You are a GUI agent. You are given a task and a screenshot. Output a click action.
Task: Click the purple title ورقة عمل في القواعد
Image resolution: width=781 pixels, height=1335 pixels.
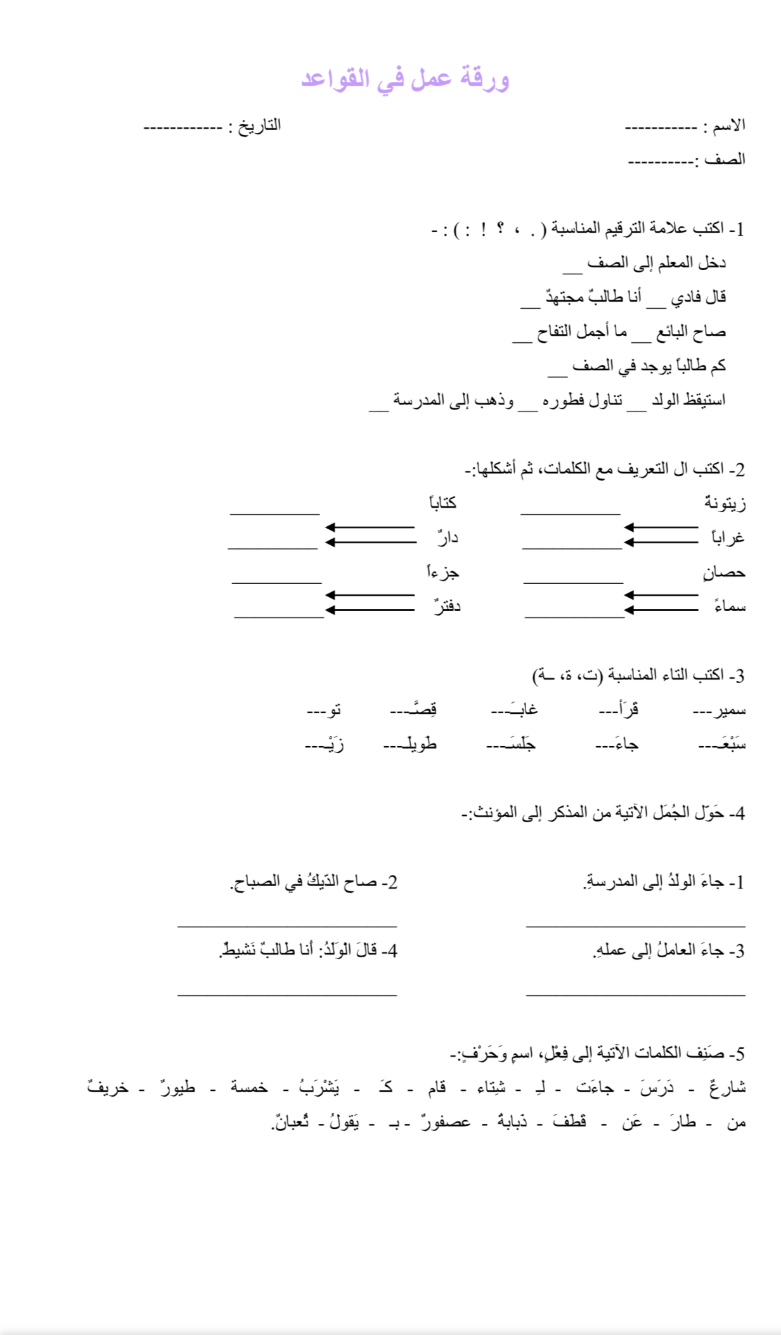405,79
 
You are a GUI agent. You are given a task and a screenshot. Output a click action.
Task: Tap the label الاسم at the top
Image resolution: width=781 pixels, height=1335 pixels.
730,126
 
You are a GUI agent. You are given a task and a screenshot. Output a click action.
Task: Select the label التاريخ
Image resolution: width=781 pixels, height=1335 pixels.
259,126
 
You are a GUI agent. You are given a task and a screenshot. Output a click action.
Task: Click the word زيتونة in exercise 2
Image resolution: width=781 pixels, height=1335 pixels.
725,503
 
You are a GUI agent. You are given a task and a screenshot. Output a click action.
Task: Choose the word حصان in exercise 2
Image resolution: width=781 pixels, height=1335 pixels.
724,572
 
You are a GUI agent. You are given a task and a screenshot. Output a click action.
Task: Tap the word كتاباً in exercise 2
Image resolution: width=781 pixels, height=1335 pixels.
442,503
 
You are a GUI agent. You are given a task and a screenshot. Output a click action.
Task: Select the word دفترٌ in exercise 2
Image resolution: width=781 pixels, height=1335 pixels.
447,607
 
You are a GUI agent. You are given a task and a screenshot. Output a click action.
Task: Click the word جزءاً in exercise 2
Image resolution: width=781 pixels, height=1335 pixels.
442,572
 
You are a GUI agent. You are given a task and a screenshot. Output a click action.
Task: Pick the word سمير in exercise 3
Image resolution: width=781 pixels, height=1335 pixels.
730,710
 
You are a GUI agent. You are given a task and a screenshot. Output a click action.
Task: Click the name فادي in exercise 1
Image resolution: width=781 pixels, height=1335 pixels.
685,297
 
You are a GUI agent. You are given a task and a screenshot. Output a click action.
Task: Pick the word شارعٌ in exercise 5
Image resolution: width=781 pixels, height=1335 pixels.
729,1088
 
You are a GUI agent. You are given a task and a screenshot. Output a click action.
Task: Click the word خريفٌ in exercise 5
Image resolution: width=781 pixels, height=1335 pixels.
108,1088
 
